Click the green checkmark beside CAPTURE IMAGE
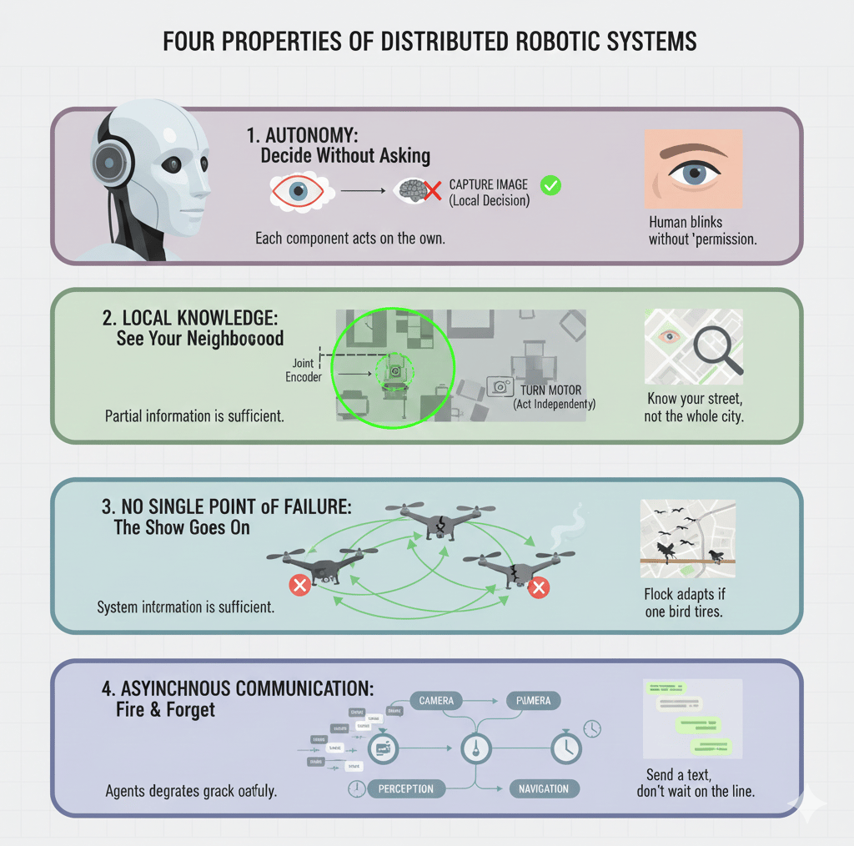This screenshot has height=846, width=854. point(550,185)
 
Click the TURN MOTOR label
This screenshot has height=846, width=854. point(551,390)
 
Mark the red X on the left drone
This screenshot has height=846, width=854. point(299,586)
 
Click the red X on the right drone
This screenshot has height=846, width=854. point(540,588)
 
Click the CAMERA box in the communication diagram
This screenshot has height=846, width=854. point(436,701)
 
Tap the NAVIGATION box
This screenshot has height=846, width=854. point(543,788)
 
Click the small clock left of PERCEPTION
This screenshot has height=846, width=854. point(357,788)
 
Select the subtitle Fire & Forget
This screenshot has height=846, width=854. point(166,710)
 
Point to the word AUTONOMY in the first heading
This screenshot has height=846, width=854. point(311,135)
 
